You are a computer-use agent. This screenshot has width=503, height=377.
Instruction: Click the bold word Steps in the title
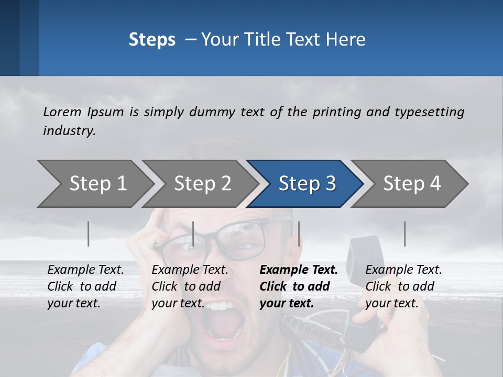coord(152,40)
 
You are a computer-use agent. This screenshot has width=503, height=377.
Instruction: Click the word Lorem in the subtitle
coord(62,112)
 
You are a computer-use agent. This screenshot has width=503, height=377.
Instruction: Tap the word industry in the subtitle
coord(69,130)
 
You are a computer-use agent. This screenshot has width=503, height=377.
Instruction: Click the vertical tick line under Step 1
coord(88,234)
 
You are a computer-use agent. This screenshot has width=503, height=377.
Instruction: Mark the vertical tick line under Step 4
coord(404,234)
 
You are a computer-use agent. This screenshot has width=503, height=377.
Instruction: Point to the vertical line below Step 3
coord(299,234)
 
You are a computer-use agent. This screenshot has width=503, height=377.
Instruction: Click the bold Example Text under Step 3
coord(299,270)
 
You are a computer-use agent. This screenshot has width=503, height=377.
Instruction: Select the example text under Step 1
coord(85,286)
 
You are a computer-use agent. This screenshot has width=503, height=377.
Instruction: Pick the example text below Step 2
coord(190,286)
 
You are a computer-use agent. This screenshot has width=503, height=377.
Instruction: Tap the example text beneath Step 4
coord(403,286)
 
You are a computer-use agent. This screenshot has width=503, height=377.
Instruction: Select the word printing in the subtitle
coord(332,112)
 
